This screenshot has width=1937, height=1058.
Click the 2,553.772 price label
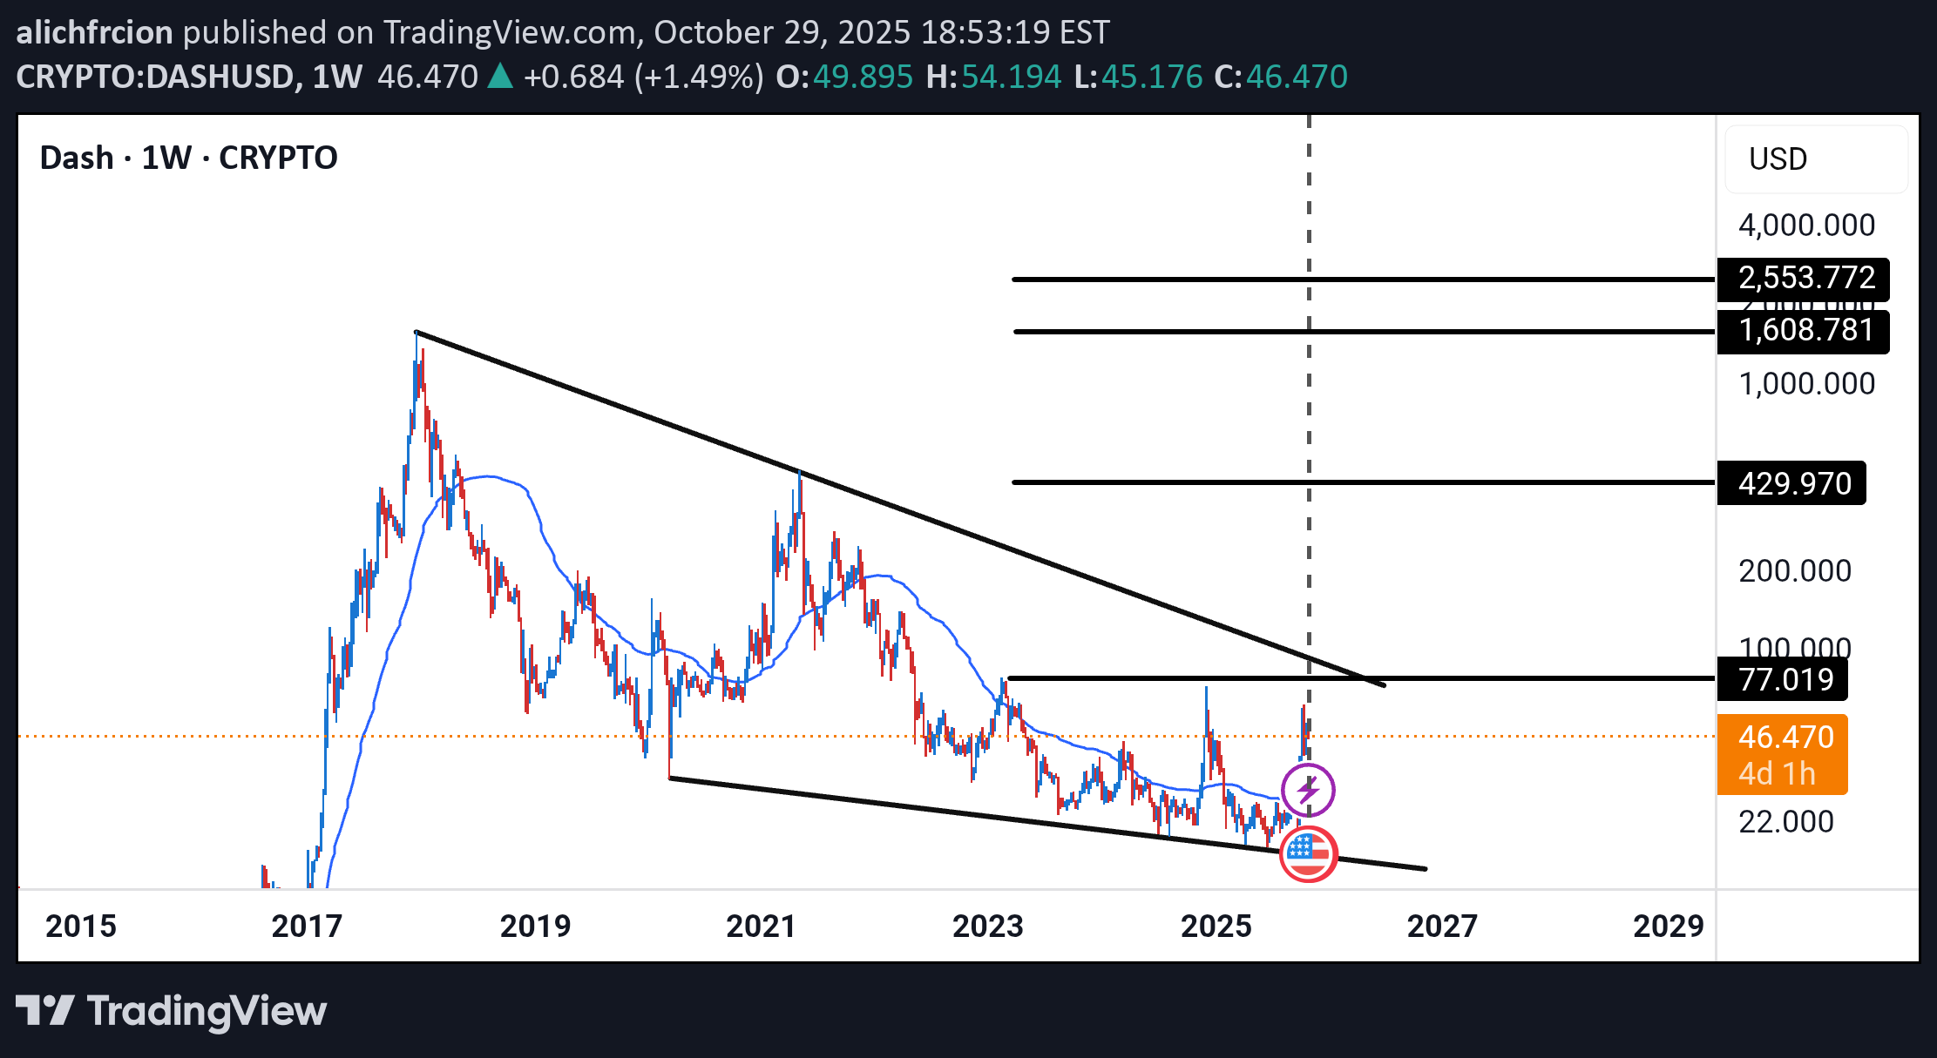point(1805,279)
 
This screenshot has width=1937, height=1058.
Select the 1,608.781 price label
point(1805,331)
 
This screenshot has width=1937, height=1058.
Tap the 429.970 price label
point(1794,483)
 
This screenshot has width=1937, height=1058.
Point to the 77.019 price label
point(1785,679)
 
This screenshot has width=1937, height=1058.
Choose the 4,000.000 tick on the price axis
point(1806,226)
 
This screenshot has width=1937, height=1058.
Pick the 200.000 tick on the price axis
point(1794,571)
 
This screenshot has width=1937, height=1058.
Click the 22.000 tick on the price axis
point(1785,821)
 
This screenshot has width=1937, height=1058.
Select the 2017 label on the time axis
point(307,926)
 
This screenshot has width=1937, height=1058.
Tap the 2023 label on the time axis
point(987,926)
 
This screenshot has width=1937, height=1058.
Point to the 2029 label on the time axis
point(1668,926)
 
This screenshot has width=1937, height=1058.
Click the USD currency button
point(1778,159)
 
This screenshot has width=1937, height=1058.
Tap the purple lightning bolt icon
point(1307,790)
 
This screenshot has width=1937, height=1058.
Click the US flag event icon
point(1308,853)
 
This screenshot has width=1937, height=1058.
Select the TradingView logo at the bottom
point(171,1011)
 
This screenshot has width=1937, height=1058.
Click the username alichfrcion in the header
point(94,32)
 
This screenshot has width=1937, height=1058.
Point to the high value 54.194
point(1011,77)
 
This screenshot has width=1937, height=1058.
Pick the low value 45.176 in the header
point(1151,77)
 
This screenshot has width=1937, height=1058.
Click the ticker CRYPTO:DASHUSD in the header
point(154,77)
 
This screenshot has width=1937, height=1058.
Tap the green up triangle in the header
point(499,77)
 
